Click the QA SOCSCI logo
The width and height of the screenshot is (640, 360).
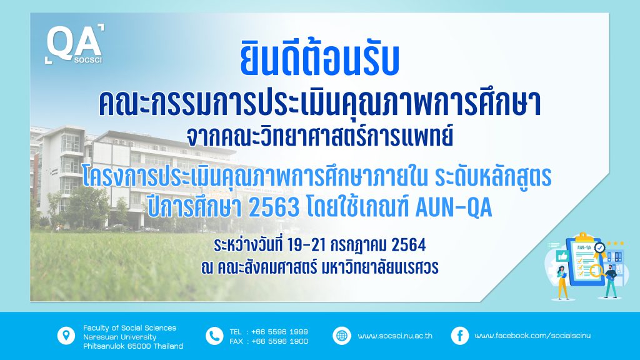(74, 44)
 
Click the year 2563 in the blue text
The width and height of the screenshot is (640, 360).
(274, 208)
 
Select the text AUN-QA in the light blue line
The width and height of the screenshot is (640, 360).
(454, 207)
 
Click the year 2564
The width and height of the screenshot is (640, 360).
(408, 245)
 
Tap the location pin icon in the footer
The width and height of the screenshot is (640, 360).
(66, 336)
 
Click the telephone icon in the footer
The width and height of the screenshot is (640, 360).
(214, 336)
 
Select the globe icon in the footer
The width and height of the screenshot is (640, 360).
(342, 336)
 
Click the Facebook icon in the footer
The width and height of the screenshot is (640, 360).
(459, 336)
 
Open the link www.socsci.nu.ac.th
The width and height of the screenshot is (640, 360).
(395, 336)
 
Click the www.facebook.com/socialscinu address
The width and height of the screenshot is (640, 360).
(532, 336)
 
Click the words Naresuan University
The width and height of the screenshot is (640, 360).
(119, 337)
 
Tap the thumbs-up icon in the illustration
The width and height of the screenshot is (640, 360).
(562, 256)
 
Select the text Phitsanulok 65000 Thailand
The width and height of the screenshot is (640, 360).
(133, 346)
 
